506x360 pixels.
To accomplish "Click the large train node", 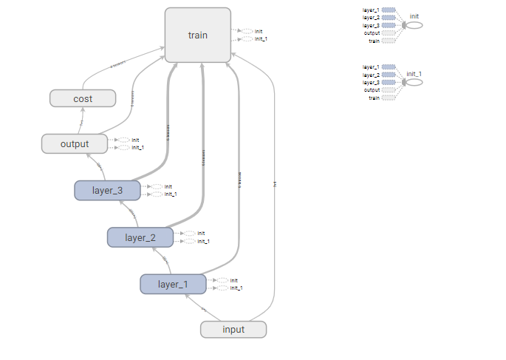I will coord(197,35).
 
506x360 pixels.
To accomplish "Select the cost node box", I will coord(82,98).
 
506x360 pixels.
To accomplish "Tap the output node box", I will coord(74,143).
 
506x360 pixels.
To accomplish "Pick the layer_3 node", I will coord(107,190).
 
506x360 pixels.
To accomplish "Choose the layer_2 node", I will coord(140,237).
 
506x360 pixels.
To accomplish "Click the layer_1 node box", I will coord(173,284).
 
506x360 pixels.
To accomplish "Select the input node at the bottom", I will coord(233,329).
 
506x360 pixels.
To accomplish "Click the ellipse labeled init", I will coord(414,25).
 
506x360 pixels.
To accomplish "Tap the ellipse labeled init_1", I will coord(414,82).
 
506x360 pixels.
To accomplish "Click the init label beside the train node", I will coord(259,31).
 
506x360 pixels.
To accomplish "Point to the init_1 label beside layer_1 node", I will coord(236,288).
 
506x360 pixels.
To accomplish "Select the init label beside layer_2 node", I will coord(201,233).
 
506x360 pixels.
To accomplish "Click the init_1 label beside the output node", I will coord(137,147).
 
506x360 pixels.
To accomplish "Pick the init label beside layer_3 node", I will coord(168,186).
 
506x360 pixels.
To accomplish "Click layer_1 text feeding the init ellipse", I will coord(371,10).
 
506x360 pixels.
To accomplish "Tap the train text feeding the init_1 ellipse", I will coord(374,98).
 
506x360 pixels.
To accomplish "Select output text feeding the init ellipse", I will coord(372,33).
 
